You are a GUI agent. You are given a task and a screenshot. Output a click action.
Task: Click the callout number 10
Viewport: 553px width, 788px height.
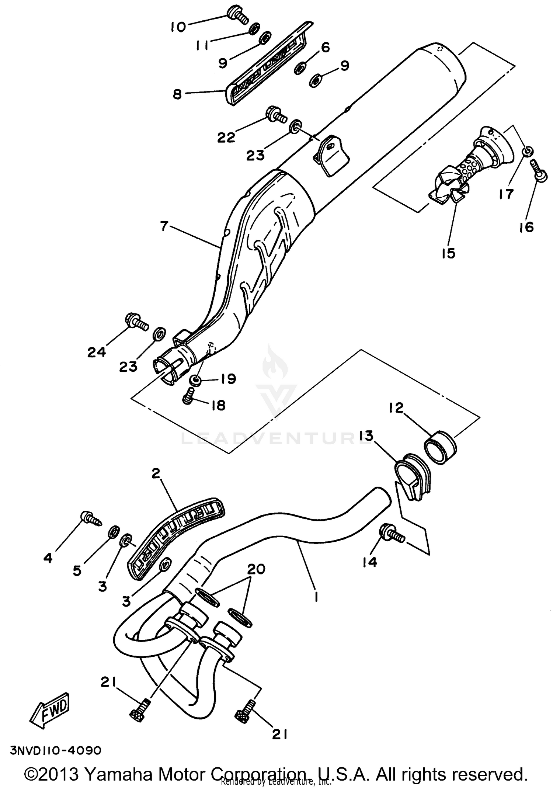[x=178, y=27]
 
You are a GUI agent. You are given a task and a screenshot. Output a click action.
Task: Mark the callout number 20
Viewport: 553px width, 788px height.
[x=256, y=569]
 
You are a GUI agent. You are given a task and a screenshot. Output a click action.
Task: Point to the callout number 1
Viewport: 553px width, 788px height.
[x=316, y=597]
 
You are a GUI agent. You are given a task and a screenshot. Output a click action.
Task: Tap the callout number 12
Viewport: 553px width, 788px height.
[x=396, y=407]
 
